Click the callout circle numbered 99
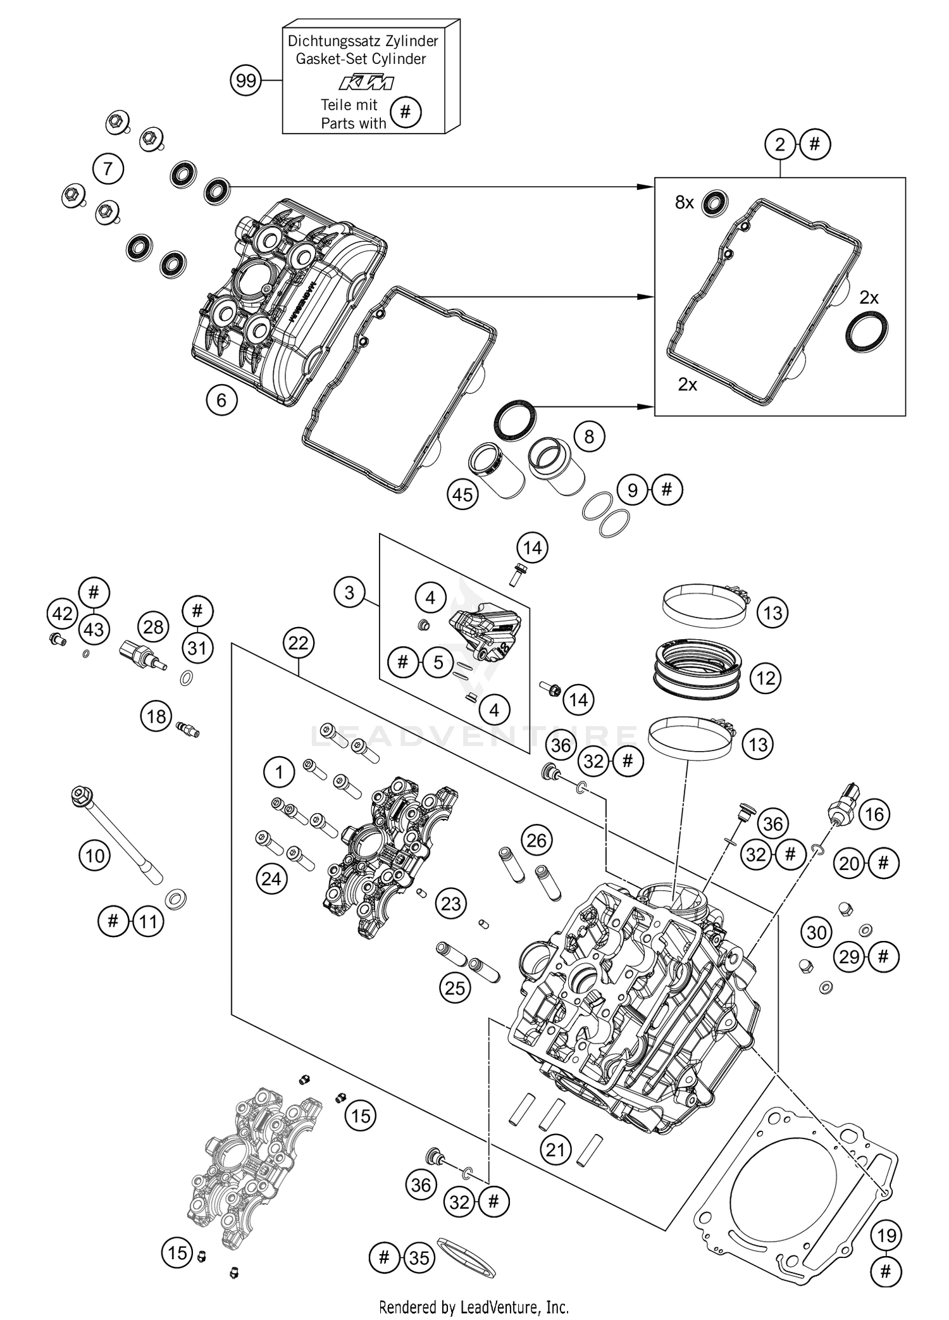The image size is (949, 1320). tap(245, 81)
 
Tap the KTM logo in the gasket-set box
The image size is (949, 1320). tap(366, 83)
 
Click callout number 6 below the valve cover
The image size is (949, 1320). tap(221, 399)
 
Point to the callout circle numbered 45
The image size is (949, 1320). tap(462, 494)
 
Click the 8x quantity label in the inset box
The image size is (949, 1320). tap(685, 202)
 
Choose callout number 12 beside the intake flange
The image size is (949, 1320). tap(766, 678)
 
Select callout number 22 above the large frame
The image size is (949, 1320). tap(298, 643)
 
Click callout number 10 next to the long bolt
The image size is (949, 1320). tap(95, 856)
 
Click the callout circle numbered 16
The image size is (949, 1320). tap(874, 814)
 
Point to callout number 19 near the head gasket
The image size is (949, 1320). tap(886, 1235)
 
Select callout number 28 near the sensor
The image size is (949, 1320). tap(153, 627)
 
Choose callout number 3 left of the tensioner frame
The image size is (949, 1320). tap(349, 593)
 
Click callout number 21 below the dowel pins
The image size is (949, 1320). tap(555, 1149)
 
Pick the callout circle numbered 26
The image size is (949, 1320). tap(537, 840)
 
